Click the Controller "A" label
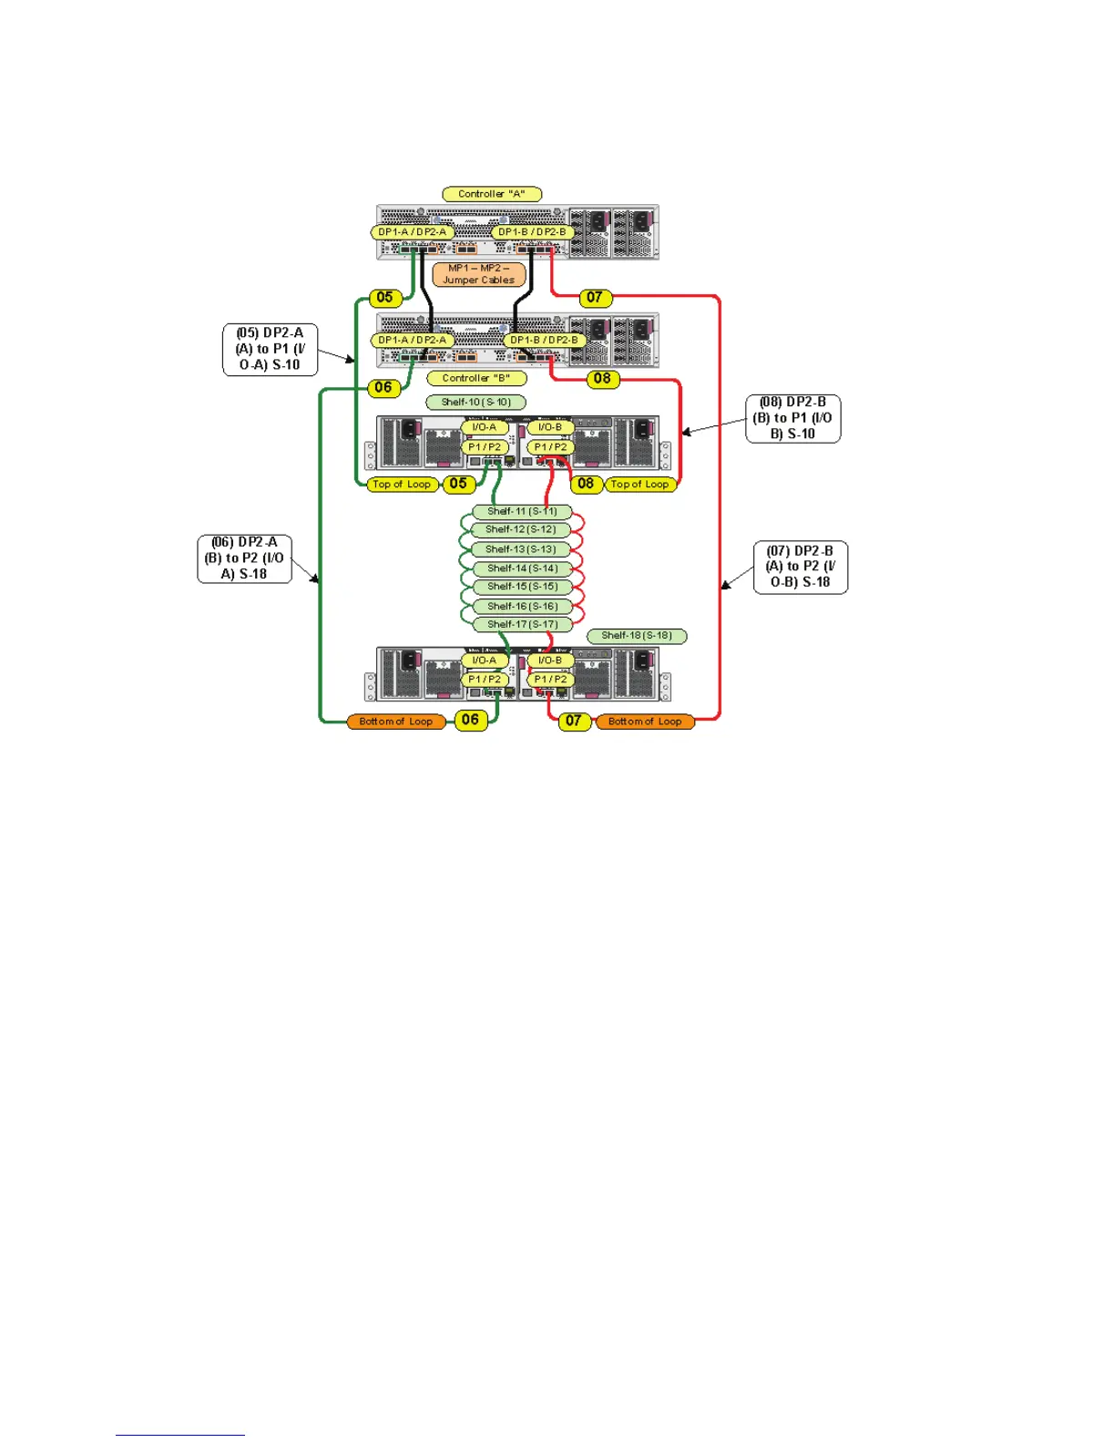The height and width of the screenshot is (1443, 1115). (x=492, y=194)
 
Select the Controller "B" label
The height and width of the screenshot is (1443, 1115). (x=476, y=378)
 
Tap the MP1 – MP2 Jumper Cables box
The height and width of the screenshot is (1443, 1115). (x=479, y=274)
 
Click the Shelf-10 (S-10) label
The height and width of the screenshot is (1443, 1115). (x=476, y=402)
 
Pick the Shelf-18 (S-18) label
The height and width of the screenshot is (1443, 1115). (x=636, y=635)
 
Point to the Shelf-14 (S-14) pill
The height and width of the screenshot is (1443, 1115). (x=522, y=568)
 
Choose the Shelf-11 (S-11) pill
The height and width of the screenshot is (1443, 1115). (x=522, y=511)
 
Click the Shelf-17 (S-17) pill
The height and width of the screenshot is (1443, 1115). (x=522, y=624)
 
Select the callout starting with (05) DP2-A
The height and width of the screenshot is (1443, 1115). (x=270, y=349)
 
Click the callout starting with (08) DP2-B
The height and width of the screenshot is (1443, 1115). (x=793, y=418)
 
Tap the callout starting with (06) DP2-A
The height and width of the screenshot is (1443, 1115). (x=244, y=558)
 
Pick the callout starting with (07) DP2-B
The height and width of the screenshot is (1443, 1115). (x=800, y=567)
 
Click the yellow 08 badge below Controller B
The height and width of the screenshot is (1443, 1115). (x=602, y=378)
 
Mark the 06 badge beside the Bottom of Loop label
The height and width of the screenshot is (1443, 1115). (x=470, y=720)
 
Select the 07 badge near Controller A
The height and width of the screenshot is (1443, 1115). (x=595, y=297)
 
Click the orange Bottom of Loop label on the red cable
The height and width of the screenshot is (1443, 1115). (x=645, y=721)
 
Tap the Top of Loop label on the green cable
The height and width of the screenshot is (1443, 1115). (x=401, y=484)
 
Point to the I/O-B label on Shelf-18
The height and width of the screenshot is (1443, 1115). (x=550, y=660)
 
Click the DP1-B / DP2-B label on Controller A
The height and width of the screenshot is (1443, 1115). (x=532, y=232)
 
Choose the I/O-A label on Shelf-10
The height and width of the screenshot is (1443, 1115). (x=485, y=427)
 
